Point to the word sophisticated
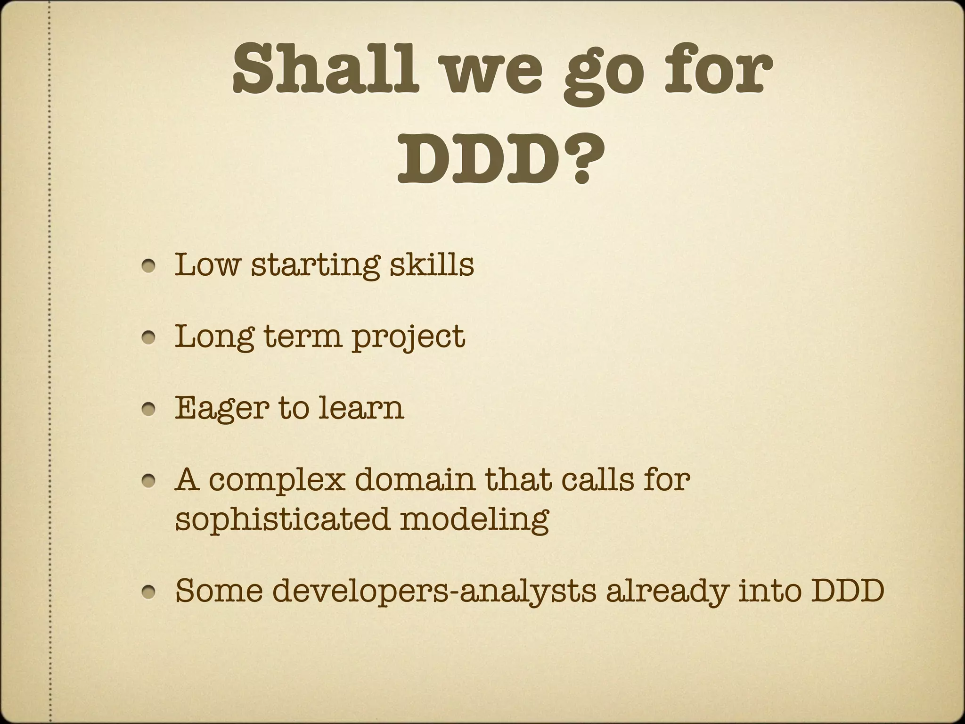coord(282,519)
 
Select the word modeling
coord(475,519)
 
